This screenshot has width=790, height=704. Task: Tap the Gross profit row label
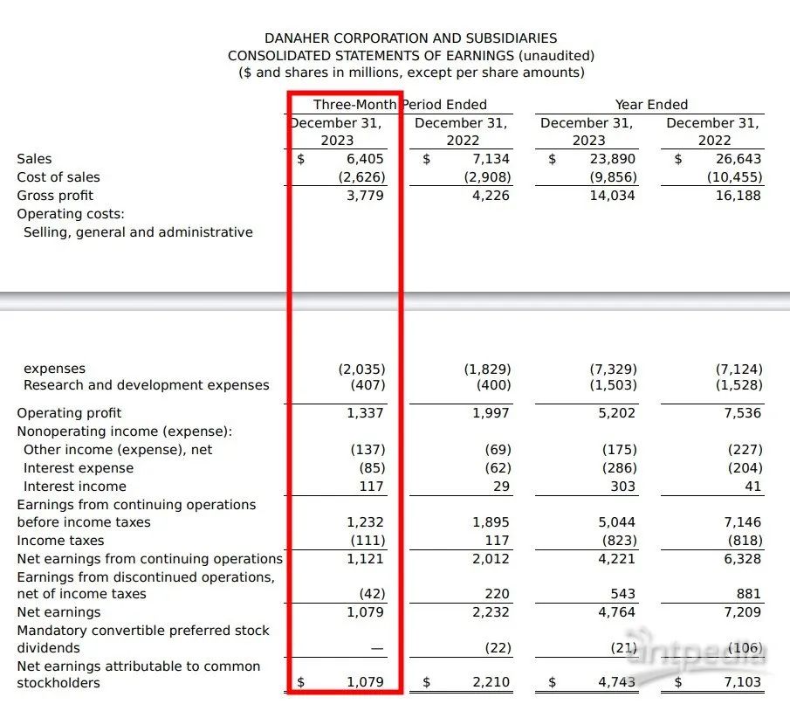pyautogui.click(x=55, y=196)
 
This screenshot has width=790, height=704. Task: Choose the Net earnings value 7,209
pyautogui.click(x=745, y=612)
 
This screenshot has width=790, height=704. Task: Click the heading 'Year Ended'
pyautogui.click(x=651, y=105)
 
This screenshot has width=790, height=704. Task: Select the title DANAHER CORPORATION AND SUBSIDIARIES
pyautogui.click(x=410, y=38)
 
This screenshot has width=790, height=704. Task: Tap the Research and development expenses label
pyautogui.click(x=147, y=385)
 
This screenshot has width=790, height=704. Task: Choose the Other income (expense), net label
pyautogui.click(x=118, y=450)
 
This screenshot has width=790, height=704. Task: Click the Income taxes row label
pyautogui.click(x=53, y=541)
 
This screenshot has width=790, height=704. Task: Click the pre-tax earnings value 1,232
pyautogui.click(x=366, y=522)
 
